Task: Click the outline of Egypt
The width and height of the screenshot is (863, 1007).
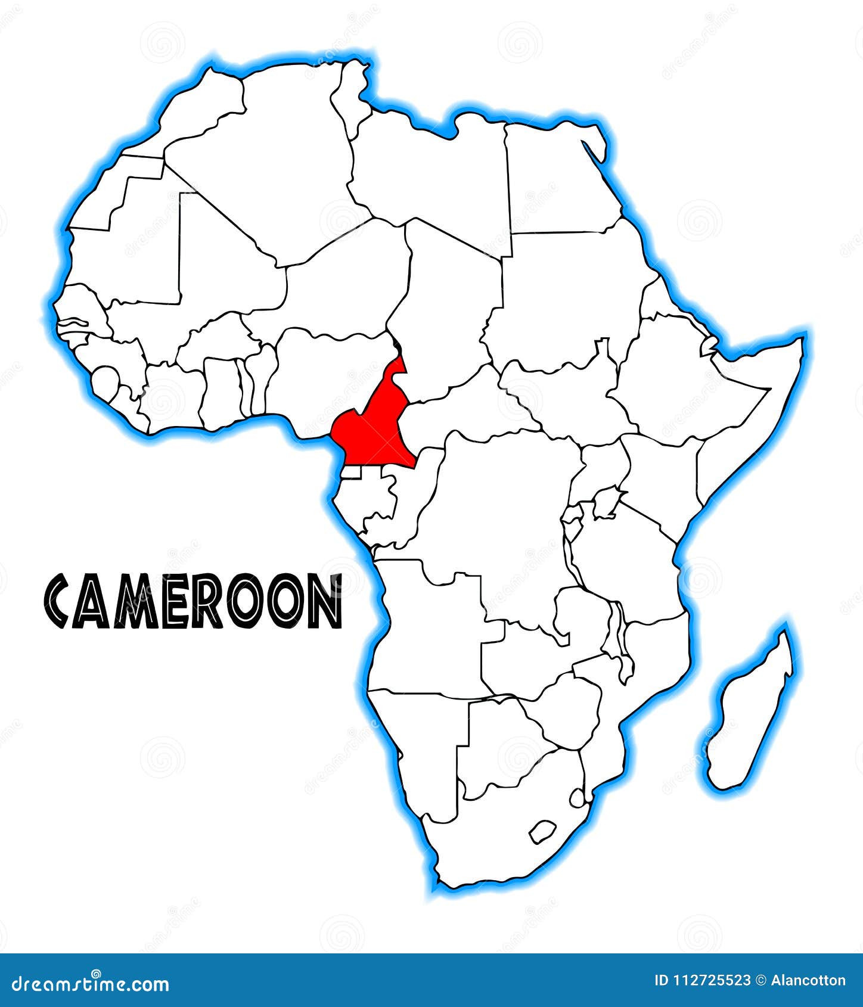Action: coord(557,179)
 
